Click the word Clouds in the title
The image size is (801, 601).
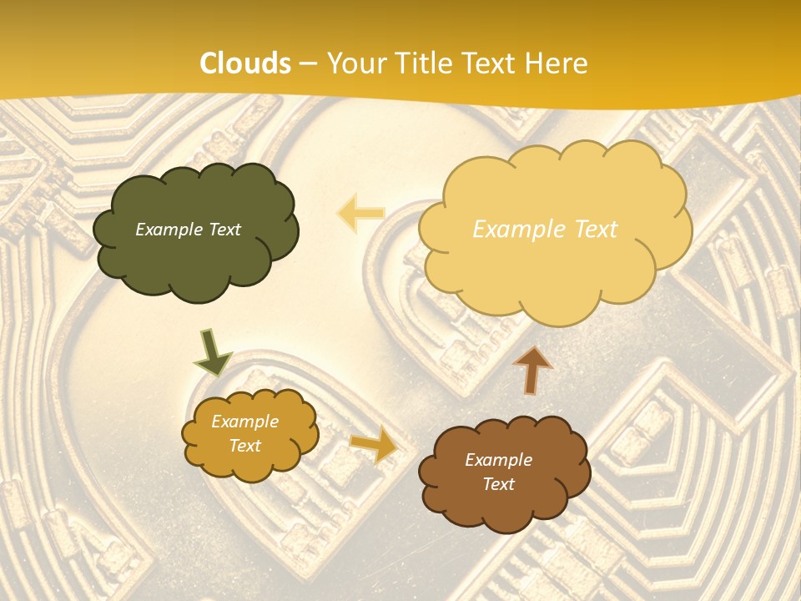246,63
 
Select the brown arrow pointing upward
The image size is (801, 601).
532,370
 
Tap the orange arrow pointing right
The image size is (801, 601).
374,444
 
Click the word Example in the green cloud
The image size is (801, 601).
167,230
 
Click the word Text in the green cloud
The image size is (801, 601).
223,230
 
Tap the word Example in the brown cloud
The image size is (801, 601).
498,460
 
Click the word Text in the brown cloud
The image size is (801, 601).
498,484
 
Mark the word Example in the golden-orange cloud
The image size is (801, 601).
244,422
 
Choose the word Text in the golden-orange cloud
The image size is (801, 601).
244,446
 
